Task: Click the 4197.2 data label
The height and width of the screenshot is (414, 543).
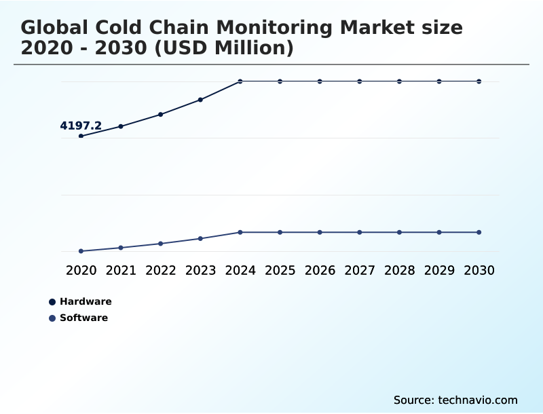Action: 81,126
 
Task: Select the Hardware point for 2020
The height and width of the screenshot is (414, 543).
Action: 81,136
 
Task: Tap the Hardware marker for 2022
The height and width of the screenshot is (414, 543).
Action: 161,114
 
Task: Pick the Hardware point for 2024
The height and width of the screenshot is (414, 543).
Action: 240,81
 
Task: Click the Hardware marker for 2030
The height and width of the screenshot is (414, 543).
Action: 479,81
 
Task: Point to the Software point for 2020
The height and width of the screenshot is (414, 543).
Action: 81,251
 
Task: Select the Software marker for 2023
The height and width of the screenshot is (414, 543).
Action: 200,238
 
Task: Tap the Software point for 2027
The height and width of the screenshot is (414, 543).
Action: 360,232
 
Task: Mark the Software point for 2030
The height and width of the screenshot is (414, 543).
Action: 479,232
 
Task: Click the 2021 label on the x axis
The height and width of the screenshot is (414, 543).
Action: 121,270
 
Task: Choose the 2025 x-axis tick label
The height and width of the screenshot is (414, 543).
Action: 280,270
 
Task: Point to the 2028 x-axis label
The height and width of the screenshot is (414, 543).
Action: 399,270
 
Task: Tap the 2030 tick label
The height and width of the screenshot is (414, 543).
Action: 479,270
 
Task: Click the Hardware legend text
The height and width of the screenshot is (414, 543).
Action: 86,301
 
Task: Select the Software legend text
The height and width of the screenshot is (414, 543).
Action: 83,318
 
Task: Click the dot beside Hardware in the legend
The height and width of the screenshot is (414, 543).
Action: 52,302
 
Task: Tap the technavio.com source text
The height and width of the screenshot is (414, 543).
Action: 478,400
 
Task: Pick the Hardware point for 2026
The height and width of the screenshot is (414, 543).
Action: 320,81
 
